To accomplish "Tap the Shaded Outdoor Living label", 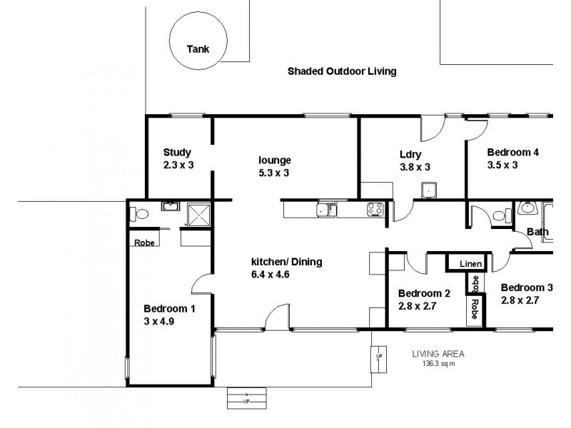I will click(x=341, y=71).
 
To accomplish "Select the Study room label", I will click(x=177, y=152).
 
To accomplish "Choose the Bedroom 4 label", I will click(x=512, y=152).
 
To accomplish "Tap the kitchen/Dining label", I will click(x=286, y=262).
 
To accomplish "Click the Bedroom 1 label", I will click(x=169, y=309).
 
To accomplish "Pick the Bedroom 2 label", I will click(x=424, y=293).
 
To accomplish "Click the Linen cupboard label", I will click(x=468, y=264).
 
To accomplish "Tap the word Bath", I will click(x=537, y=232).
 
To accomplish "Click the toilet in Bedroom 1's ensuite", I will click(x=139, y=213).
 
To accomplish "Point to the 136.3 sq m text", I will click(x=438, y=364).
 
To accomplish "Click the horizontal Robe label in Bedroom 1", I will click(x=143, y=242).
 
